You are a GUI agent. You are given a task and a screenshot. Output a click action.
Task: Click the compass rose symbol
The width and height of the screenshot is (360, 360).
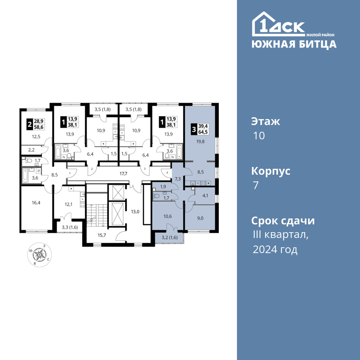[40, 255]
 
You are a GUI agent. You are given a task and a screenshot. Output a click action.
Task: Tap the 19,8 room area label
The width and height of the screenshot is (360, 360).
[200, 141]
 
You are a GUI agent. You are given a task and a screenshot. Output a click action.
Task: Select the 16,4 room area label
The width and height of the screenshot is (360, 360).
[36, 202]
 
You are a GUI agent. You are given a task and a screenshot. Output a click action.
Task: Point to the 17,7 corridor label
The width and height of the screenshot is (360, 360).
[123, 174]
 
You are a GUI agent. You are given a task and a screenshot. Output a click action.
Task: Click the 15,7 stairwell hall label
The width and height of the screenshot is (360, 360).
[102, 235]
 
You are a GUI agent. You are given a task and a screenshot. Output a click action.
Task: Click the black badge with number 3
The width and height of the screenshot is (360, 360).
[194, 129]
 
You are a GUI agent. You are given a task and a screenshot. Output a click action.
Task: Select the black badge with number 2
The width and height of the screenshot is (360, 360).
[30, 124]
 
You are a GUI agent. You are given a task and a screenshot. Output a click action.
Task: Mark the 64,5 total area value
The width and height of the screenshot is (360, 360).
[203, 132]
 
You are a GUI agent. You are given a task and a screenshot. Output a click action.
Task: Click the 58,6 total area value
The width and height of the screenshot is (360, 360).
[39, 127]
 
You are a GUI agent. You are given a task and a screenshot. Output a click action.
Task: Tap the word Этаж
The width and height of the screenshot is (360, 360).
[266, 121]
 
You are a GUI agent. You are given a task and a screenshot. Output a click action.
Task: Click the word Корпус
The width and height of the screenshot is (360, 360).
[271, 171]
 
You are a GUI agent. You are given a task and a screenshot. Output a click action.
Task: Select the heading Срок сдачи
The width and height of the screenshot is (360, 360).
[283, 221]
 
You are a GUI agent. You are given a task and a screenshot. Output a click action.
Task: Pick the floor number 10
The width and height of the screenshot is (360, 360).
[259, 136]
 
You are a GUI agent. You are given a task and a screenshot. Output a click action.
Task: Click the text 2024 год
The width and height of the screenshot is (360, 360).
[275, 249]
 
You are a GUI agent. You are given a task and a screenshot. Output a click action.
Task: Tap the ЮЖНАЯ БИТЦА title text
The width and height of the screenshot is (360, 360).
[294, 44]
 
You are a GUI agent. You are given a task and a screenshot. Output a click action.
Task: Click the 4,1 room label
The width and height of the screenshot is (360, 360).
[206, 196]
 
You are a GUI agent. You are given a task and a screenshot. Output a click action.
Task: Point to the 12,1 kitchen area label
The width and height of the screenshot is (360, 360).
[68, 204]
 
